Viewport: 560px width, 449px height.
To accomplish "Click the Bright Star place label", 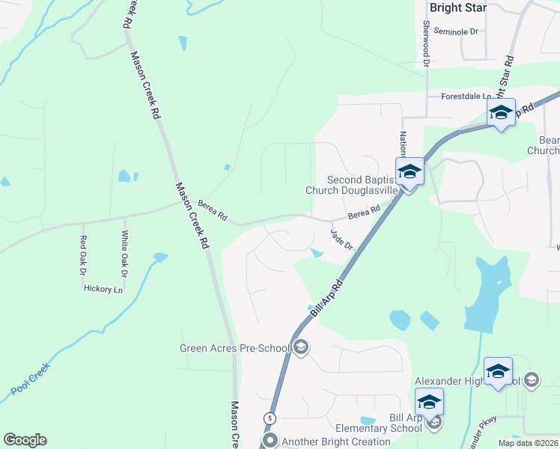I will click(x=458, y=7).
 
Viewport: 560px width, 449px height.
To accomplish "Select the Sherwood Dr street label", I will click(x=426, y=43).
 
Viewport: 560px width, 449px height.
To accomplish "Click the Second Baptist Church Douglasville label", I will click(x=354, y=185).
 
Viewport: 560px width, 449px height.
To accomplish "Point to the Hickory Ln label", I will click(x=103, y=289).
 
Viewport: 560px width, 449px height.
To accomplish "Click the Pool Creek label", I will click(x=30, y=381).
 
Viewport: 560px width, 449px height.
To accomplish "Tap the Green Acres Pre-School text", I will click(x=234, y=347).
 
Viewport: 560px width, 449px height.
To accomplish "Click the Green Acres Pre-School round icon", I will click(x=301, y=346).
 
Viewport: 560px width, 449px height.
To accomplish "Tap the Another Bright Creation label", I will click(x=336, y=442).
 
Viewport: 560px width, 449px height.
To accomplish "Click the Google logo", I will click(x=25, y=440).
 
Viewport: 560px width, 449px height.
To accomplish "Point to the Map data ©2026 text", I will click(x=528, y=443).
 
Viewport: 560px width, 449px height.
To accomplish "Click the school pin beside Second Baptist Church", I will click(x=410, y=172).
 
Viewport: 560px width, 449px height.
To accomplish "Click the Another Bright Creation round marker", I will click(x=271, y=441).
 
